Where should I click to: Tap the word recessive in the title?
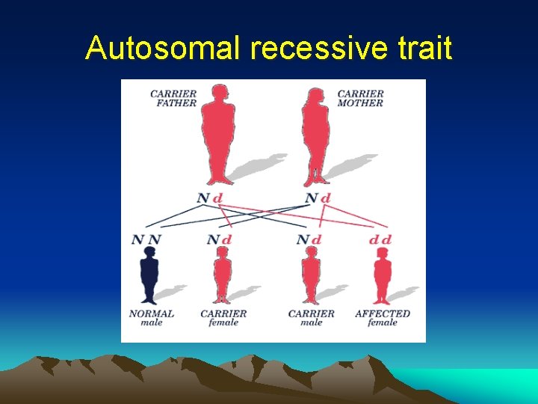(318, 49)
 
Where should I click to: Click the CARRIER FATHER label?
(173, 99)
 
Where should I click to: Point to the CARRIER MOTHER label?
(361, 99)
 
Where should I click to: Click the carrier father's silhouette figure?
(217, 135)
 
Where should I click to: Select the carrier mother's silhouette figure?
(316, 135)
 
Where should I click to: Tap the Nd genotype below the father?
(210, 198)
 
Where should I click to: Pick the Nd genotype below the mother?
(318, 198)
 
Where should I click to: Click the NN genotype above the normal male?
(146, 239)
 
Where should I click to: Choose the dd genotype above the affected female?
(380, 239)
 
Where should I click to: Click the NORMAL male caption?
(152, 318)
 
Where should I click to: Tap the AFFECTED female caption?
(383, 318)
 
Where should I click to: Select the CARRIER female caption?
(223, 318)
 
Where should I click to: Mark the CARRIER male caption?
(312, 318)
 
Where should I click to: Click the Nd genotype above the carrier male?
(309, 239)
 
